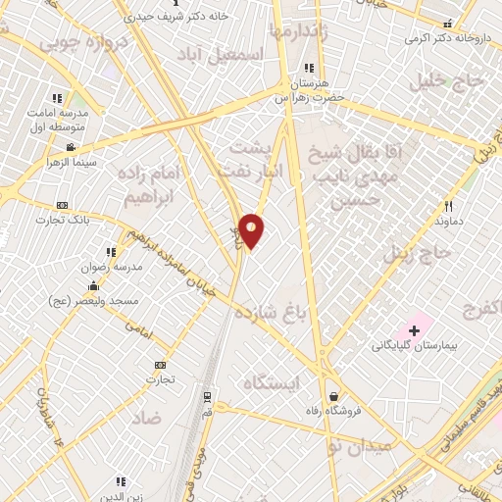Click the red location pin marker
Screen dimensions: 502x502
coord(252,230)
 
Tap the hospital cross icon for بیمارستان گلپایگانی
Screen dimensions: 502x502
coord(414,330)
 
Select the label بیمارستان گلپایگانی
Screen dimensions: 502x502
coord(414,346)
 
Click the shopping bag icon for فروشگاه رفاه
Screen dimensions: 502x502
coord(336,396)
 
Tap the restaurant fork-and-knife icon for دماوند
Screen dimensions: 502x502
coord(449,206)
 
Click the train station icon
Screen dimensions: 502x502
coord(207,396)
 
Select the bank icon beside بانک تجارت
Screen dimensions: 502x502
coord(63,205)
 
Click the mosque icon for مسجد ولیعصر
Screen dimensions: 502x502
coord(93,285)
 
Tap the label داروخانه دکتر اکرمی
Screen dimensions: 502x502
coord(447,38)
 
